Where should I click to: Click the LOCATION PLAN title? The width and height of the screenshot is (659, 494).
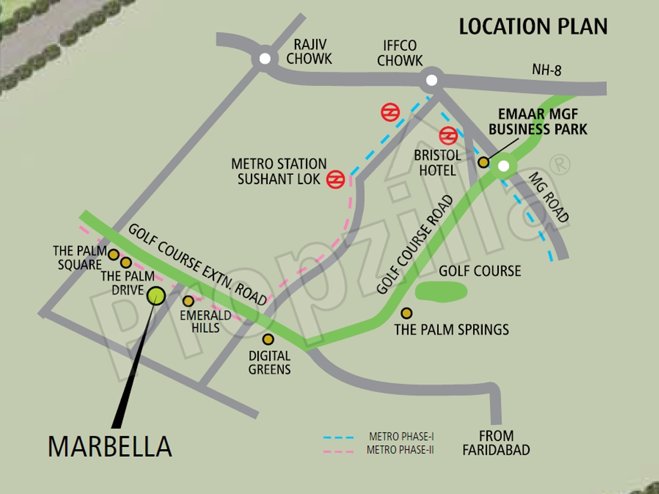(533, 26)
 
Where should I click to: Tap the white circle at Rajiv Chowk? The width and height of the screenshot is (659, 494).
(265, 59)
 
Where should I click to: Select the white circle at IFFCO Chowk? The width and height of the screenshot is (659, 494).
(431, 80)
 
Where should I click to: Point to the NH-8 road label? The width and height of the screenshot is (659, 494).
(546, 70)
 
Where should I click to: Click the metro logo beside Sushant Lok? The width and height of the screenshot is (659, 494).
(335, 179)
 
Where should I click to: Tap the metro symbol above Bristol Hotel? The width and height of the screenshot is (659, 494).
(448, 136)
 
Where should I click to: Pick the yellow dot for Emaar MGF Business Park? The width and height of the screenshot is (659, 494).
(483, 162)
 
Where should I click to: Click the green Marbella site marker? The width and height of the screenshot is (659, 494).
(156, 295)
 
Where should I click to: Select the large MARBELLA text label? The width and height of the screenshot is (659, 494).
(110, 446)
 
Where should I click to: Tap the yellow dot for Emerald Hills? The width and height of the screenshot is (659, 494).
(188, 300)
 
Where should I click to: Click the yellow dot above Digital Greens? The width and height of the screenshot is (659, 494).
(268, 339)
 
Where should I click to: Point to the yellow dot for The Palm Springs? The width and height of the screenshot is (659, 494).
(406, 313)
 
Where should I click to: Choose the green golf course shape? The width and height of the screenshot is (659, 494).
(441, 291)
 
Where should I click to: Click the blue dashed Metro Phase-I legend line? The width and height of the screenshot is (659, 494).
(340, 437)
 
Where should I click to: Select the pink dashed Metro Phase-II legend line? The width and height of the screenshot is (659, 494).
(340, 451)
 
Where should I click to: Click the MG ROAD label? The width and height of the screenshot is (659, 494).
(549, 197)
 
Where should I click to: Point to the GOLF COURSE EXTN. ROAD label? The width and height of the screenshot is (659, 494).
(197, 264)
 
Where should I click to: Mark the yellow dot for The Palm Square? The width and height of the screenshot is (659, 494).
(114, 255)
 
